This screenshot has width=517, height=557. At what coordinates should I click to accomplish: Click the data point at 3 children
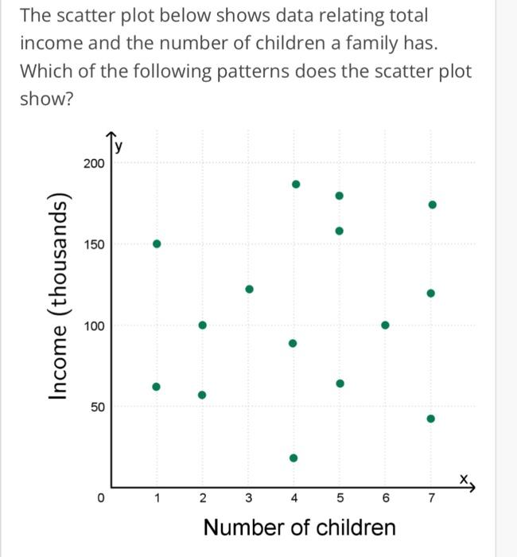pos(249,289)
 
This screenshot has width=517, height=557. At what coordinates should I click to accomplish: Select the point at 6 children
pos(385,325)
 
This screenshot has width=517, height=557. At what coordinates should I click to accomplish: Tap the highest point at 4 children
pos(295,184)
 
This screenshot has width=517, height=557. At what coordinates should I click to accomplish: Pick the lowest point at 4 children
pos(293,458)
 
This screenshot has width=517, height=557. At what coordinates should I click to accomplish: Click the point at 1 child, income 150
pos(157,243)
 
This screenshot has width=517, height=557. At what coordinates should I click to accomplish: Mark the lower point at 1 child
pos(157,387)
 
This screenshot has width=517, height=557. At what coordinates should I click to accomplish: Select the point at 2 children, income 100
pos(202,325)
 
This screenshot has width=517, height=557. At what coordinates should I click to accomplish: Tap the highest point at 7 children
pos(432,204)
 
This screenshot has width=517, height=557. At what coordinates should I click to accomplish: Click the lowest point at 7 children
pos(430,419)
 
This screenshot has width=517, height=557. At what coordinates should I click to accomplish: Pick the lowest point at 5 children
pos(340,383)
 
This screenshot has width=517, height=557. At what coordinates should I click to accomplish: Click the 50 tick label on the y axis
pos(96,407)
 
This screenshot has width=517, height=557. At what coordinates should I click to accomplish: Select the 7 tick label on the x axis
pos(431,499)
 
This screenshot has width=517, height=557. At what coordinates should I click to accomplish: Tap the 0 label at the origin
pos(101,499)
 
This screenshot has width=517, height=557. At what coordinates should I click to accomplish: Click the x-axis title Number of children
pos(299,527)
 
